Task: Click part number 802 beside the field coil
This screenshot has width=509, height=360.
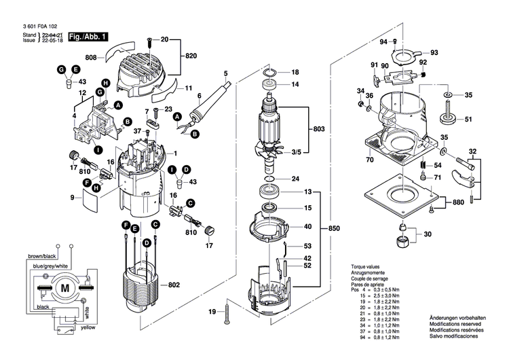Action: (x=173, y=286)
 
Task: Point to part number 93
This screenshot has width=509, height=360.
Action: (x=434, y=52)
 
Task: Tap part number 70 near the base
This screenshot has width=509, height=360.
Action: (x=370, y=160)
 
